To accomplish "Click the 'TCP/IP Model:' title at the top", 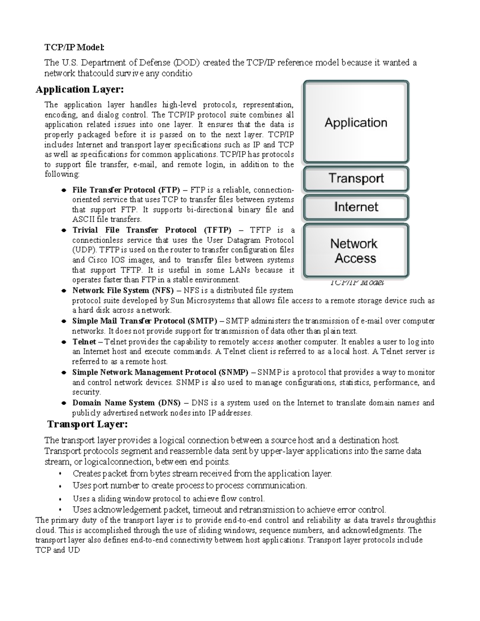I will (74, 48).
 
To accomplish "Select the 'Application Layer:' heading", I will (80, 89).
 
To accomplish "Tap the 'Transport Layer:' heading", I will (88, 424).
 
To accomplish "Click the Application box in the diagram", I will (356, 122).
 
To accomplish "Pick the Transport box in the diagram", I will (356, 178).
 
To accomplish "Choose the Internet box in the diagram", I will (356, 207).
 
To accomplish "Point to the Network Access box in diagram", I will (356, 251).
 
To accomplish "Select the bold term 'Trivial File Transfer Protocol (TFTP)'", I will (152, 230).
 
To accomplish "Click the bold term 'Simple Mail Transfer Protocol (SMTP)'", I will (144, 321).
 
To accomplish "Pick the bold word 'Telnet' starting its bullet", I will (84, 342).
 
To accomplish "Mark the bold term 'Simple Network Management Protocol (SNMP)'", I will (160, 372).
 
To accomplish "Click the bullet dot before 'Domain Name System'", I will (63, 403).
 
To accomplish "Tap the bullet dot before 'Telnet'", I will (63, 342).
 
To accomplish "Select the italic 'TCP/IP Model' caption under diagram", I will (357, 283).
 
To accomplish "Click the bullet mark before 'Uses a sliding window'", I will (60, 499).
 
